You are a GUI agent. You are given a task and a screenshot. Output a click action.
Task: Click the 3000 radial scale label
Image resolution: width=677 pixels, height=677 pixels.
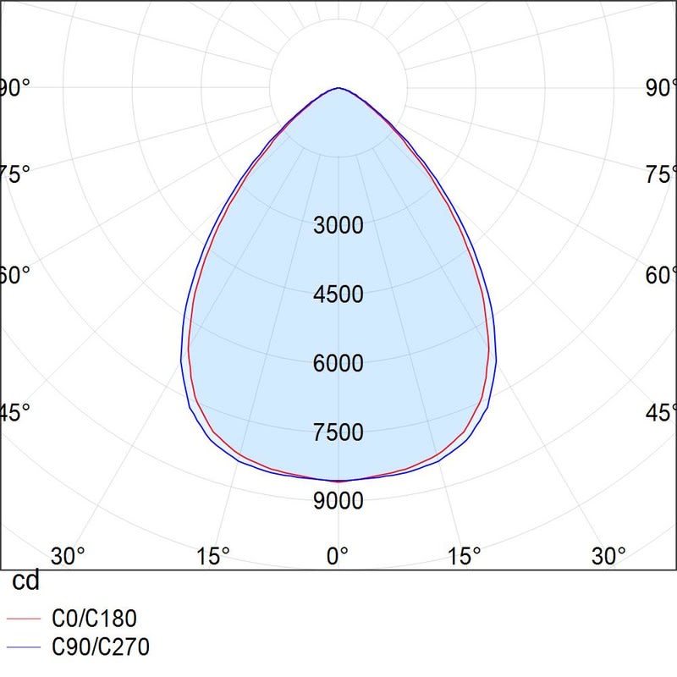[x=338, y=226]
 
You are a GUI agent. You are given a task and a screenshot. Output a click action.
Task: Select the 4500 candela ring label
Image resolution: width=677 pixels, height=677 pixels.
[x=338, y=294]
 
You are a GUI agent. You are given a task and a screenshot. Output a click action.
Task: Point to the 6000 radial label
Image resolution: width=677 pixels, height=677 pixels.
[x=338, y=364]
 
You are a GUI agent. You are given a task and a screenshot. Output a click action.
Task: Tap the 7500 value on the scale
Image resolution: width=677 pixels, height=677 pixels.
[x=338, y=432]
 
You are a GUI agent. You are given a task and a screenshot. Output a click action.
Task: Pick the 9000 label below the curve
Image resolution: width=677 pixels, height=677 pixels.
[x=338, y=501]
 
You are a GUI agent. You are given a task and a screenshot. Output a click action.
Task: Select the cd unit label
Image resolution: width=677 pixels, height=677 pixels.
[x=25, y=582]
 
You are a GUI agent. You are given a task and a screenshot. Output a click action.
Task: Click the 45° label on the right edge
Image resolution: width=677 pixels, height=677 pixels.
[x=660, y=413]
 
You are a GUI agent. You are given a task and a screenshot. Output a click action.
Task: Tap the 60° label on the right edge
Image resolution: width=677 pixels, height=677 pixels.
[x=660, y=276]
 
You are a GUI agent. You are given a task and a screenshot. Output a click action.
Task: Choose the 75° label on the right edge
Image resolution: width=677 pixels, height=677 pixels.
[x=660, y=175]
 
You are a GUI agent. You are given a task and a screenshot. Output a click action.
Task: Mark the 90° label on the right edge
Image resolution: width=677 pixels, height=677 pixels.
[x=660, y=88]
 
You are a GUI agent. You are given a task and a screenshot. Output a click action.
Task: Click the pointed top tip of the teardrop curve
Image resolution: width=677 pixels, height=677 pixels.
[x=338, y=88]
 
